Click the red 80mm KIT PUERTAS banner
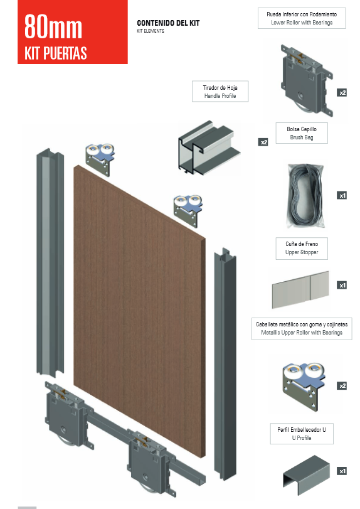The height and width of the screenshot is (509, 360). [73, 32]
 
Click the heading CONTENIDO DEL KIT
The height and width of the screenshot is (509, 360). [168, 23]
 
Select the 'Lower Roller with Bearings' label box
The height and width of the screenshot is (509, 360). [302, 18]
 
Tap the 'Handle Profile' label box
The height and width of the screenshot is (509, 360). [220, 92]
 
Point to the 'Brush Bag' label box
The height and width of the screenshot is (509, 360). [302, 133]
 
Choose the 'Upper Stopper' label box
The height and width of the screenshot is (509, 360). [302, 249]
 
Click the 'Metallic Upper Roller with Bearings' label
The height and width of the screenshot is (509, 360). [302, 329]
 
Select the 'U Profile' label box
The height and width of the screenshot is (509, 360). [302, 434]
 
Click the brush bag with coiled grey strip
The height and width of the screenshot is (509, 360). [305, 196]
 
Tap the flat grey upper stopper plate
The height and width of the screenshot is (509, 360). [300, 289]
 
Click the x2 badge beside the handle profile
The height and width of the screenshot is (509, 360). [263, 142]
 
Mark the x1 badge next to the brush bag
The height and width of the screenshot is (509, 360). [342, 195]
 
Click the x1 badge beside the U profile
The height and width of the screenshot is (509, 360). [342, 471]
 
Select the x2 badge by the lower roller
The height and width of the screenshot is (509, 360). [342, 93]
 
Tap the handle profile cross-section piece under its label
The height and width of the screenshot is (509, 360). [209, 147]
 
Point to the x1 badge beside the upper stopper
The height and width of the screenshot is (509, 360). [342, 286]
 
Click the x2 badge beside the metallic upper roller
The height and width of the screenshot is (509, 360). [342, 385]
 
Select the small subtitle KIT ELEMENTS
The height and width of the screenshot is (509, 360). [151, 31]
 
